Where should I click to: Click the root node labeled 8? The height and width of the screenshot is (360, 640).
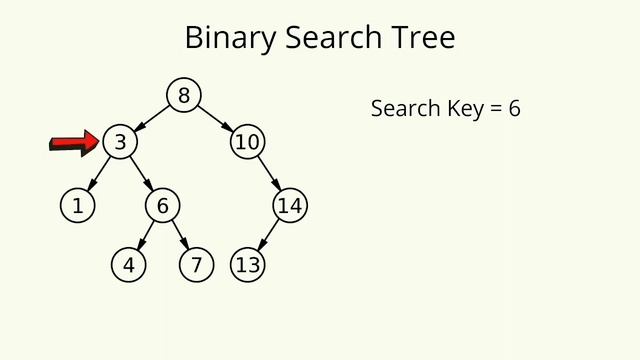pos(183,95)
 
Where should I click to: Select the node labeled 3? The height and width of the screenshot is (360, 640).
pos(119,142)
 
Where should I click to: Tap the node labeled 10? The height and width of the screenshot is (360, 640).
pos(247,142)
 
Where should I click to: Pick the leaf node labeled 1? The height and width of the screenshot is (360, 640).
pos(76,206)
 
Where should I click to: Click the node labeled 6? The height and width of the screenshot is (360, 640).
pos(162,206)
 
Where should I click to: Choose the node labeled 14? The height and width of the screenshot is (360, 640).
pos(290,206)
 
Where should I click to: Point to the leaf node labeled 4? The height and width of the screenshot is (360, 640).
pos(128,265)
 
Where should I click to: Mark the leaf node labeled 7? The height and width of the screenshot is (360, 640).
pos(196,265)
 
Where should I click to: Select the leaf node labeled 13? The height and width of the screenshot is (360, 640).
pos(247,265)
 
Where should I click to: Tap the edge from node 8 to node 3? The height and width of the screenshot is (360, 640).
pos(152,118)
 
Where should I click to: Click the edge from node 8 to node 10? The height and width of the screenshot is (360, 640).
pos(215,118)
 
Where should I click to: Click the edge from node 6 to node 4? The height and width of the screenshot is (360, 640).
pos(145,236)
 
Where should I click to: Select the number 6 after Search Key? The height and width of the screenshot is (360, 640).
pos(514,108)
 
